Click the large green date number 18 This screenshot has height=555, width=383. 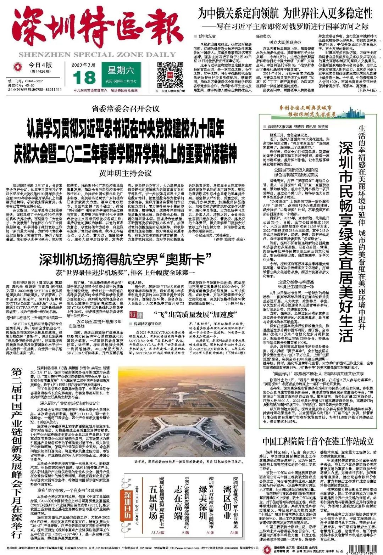click(x=84, y=77)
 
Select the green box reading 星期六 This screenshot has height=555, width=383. click(x=121, y=71)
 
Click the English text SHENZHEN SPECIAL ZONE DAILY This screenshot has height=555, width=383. click(x=97, y=55)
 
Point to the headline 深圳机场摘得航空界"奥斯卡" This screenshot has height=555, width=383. click(x=125, y=260)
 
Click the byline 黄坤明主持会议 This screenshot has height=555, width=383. click(x=125, y=173)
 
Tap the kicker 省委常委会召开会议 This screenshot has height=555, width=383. click(x=125, y=108)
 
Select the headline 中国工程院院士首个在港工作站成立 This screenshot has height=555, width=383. click(x=318, y=441)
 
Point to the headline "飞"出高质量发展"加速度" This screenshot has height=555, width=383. click(x=195, y=314)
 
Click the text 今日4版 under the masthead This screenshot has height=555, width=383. click(x=40, y=66)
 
